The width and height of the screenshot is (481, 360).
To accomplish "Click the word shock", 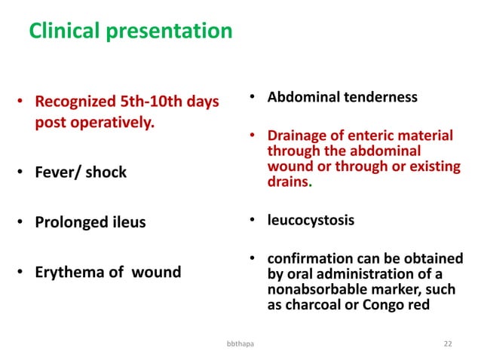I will coord(106,172).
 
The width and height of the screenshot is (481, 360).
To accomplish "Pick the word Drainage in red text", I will coord(300,136).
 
